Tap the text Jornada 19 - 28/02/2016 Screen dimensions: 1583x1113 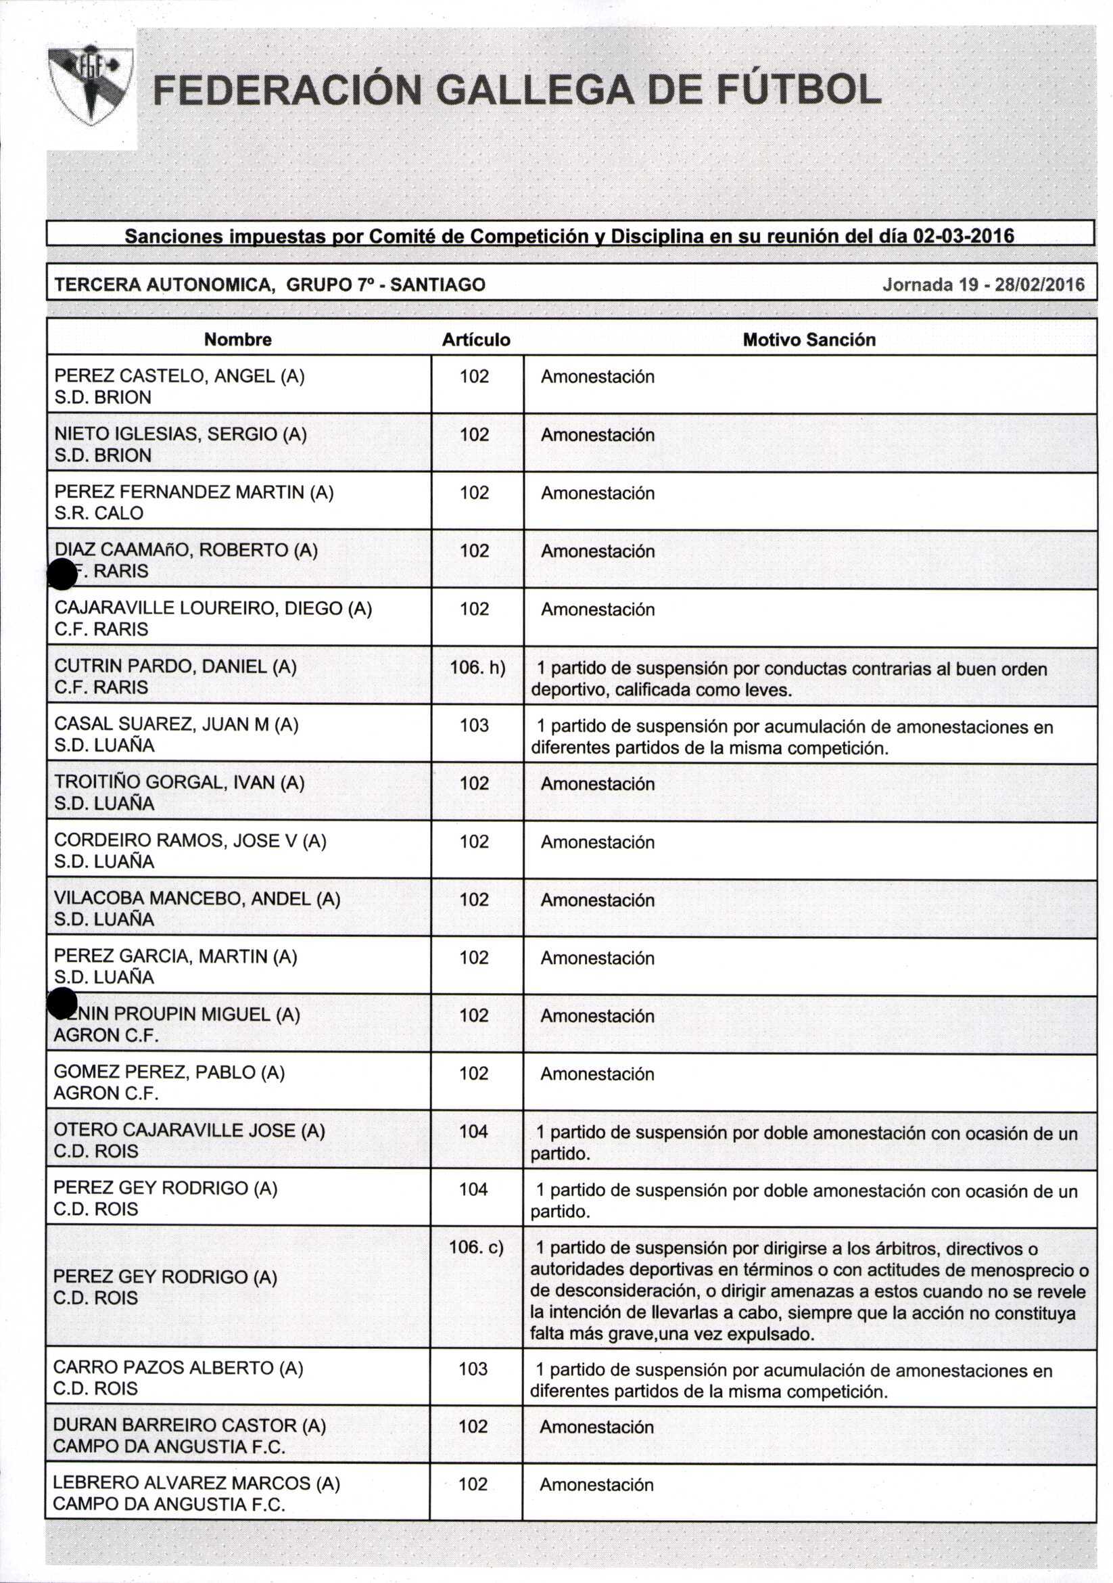[x=982, y=284]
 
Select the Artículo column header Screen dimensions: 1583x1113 [x=475, y=339]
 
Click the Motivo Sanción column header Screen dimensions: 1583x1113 [x=809, y=339]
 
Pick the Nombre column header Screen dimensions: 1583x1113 [x=238, y=339]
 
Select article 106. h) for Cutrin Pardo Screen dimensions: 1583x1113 [x=477, y=667]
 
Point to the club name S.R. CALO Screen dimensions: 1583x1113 [x=99, y=513]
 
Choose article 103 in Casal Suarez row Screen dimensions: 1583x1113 [x=474, y=725]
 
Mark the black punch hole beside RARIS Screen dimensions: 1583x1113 [x=62, y=574]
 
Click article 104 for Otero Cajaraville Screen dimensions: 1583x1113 [x=473, y=1130]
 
